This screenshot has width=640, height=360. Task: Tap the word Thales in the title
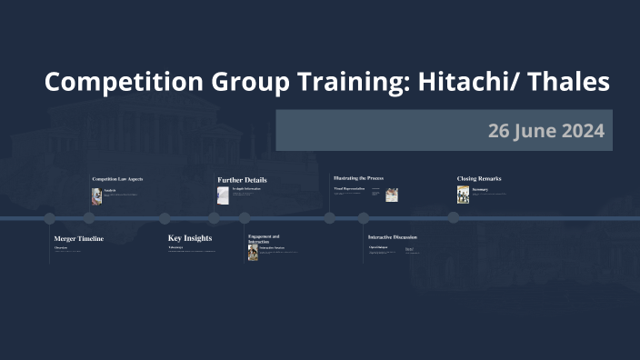click(x=570, y=82)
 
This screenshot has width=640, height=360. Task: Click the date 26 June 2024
click(x=545, y=131)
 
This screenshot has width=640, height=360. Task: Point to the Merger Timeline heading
click(x=79, y=238)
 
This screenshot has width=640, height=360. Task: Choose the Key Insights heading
click(x=190, y=238)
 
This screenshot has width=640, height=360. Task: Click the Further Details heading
click(x=242, y=180)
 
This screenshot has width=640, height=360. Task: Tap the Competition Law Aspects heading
click(x=117, y=179)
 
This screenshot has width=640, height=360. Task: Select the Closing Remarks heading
click(x=479, y=179)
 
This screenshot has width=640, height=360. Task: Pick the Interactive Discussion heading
click(x=393, y=237)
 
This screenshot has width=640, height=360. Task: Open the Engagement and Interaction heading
click(x=264, y=239)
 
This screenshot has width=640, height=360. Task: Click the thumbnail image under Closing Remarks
click(x=463, y=195)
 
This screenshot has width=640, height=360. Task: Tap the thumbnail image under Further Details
click(x=223, y=195)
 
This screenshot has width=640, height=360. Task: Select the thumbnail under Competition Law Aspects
click(x=96, y=195)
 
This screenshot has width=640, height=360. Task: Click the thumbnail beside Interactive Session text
click(x=253, y=252)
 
